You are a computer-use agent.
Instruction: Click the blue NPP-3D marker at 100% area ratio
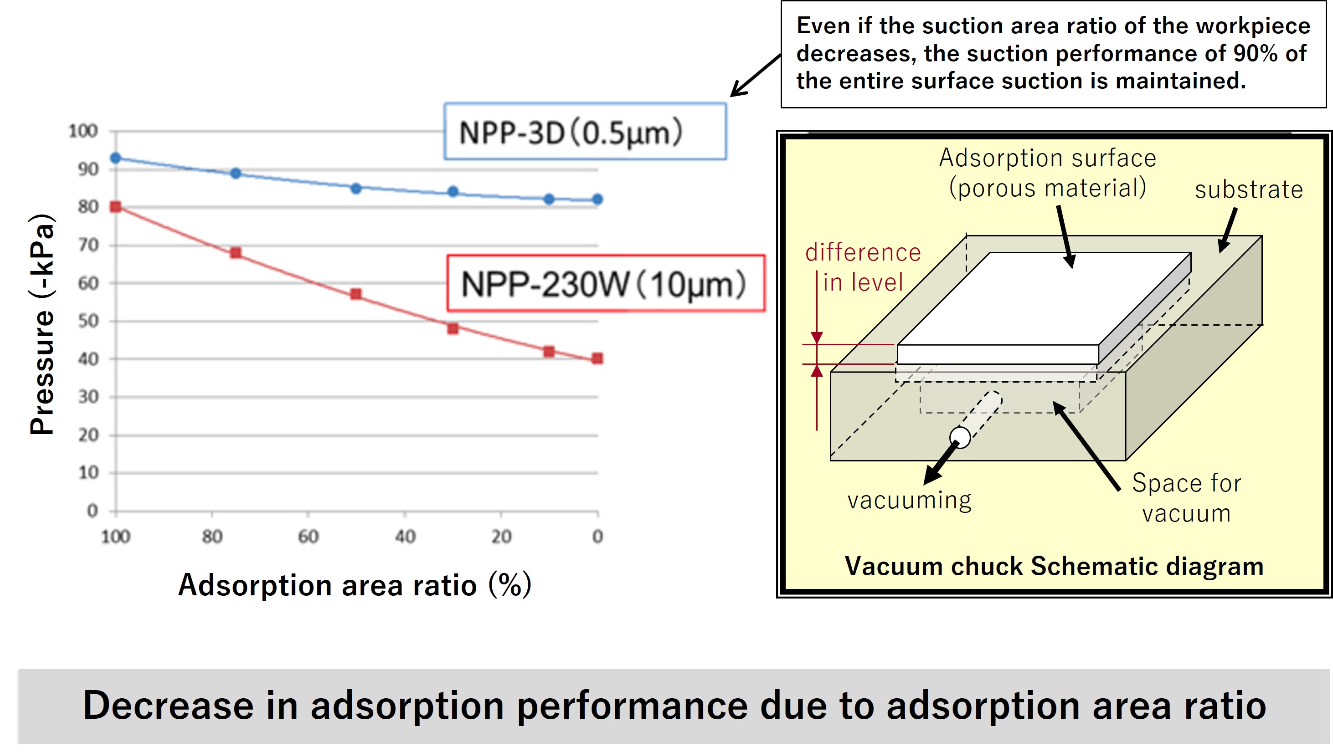click(x=116, y=158)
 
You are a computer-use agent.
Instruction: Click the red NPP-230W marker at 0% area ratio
click(x=597, y=358)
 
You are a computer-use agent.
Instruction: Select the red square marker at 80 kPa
click(x=116, y=207)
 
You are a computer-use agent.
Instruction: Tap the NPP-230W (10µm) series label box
click(x=606, y=283)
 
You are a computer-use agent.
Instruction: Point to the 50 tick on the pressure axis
click(x=88, y=321)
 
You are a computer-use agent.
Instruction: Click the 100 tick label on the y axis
click(x=83, y=131)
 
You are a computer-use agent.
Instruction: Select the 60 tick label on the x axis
click(x=309, y=537)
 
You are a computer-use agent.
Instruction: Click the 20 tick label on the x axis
click(x=501, y=537)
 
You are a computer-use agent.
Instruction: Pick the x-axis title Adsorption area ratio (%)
click(x=355, y=585)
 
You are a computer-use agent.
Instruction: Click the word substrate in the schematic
click(x=1248, y=190)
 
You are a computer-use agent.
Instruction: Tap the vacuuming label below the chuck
click(x=909, y=501)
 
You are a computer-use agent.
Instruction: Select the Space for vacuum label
click(x=1186, y=497)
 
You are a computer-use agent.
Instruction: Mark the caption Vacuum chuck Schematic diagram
click(x=1054, y=566)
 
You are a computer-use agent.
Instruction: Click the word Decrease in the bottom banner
click(x=168, y=706)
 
